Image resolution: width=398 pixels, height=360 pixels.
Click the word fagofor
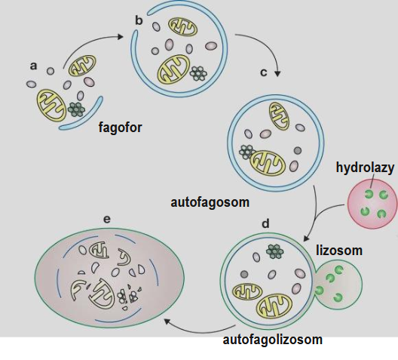pos(120,128)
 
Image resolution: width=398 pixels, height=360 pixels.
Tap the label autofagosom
pos(210,203)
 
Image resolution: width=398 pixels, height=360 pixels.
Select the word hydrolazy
pos(365,168)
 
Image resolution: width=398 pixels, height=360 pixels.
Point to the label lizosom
pos(339,251)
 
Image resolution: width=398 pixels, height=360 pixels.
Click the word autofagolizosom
pos(272,340)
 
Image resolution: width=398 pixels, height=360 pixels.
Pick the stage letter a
pos(33,66)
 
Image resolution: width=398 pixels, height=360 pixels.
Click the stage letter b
pos(139,20)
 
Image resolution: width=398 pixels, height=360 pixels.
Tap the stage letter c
pos(264,72)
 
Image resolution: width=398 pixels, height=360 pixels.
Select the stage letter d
pos(265,223)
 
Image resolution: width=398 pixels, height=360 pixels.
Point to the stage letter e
pos(107,219)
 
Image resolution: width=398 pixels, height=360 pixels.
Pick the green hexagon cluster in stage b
pos(198,73)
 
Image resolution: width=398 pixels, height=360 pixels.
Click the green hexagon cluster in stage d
pos(275,251)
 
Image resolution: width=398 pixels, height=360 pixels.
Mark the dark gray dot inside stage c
pos(298,150)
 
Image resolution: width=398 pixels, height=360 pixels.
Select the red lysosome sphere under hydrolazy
pos(372,204)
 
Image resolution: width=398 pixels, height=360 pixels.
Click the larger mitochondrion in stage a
pos(52,105)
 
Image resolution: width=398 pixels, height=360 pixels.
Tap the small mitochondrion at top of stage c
pos(279,116)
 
